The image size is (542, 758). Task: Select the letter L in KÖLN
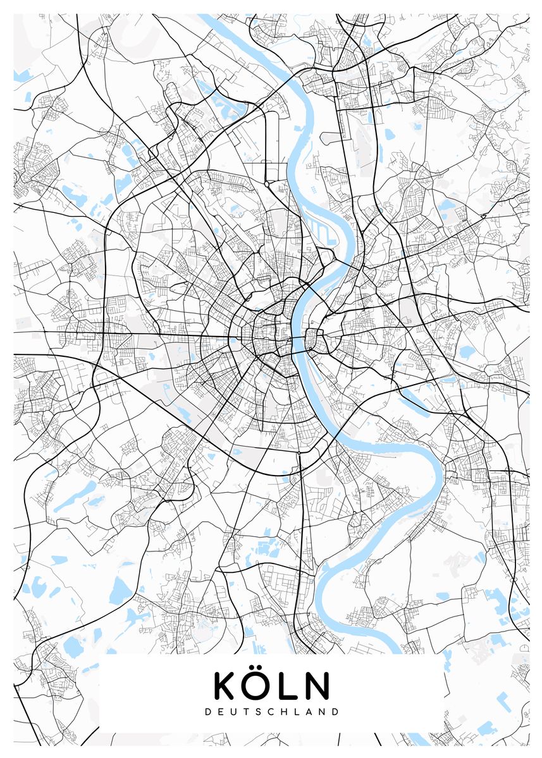pos(290,685)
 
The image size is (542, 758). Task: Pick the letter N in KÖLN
pos(317,685)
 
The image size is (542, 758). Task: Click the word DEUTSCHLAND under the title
pos(272,711)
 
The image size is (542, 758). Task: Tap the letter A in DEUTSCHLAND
pos(309,711)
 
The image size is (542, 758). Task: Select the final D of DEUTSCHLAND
pos(335,711)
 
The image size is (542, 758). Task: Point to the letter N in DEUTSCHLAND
pos(322,711)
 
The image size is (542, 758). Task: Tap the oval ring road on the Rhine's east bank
pos(314,341)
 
